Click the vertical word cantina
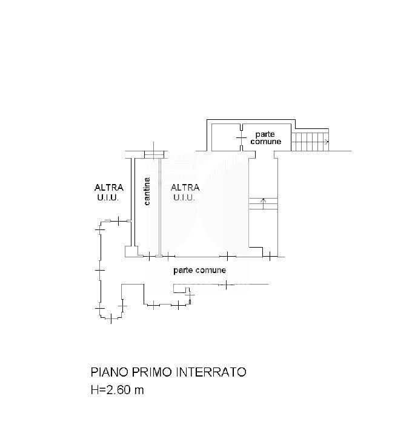tap(147, 191)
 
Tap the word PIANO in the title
tap(109, 372)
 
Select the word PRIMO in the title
tap(152, 372)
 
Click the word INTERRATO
tap(211, 372)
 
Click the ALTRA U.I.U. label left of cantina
tap(108, 193)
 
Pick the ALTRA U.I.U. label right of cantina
tap(185, 193)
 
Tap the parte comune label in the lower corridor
tap(199, 270)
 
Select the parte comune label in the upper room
tap(265, 137)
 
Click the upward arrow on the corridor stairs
tap(264, 203)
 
